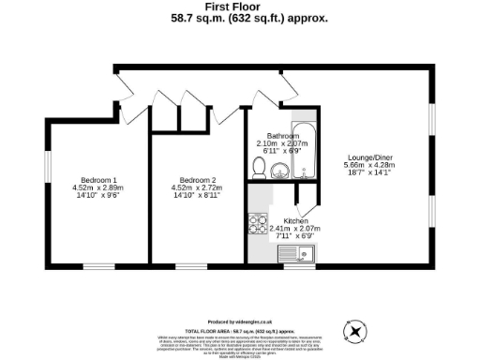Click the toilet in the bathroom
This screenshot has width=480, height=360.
pyautogui.click(x=259, y=167)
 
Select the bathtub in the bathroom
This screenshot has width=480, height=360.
pyautogui.click(x=306, y=154)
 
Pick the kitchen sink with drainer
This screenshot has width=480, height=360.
pyautogui.click(x=297, y=252)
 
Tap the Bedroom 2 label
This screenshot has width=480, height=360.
pyautogui.click(x=199, y=180)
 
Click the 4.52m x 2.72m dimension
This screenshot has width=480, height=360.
pyautogui.click(x=199, y=188)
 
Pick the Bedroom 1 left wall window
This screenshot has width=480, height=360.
pyautogui.click(x=47, y=174)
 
